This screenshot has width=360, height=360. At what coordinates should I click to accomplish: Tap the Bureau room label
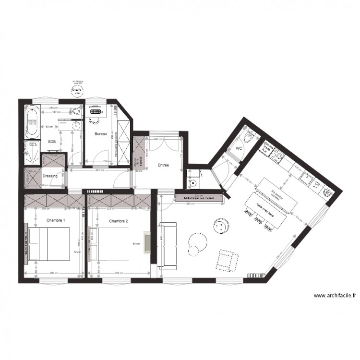coord(100,134)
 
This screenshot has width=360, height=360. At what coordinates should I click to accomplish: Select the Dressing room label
coord(50,176)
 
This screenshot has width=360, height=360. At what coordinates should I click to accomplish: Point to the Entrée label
coord(164,165)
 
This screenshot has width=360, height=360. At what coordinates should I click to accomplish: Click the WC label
coord(238,149)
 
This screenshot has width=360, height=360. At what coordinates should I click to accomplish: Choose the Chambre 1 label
coord(56,220)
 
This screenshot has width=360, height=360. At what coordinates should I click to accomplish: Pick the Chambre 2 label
coord(118,221)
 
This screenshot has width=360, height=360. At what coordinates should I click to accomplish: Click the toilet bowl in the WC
coord(249,138)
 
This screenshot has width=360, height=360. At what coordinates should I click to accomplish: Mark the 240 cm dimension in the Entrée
coord(157,139)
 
